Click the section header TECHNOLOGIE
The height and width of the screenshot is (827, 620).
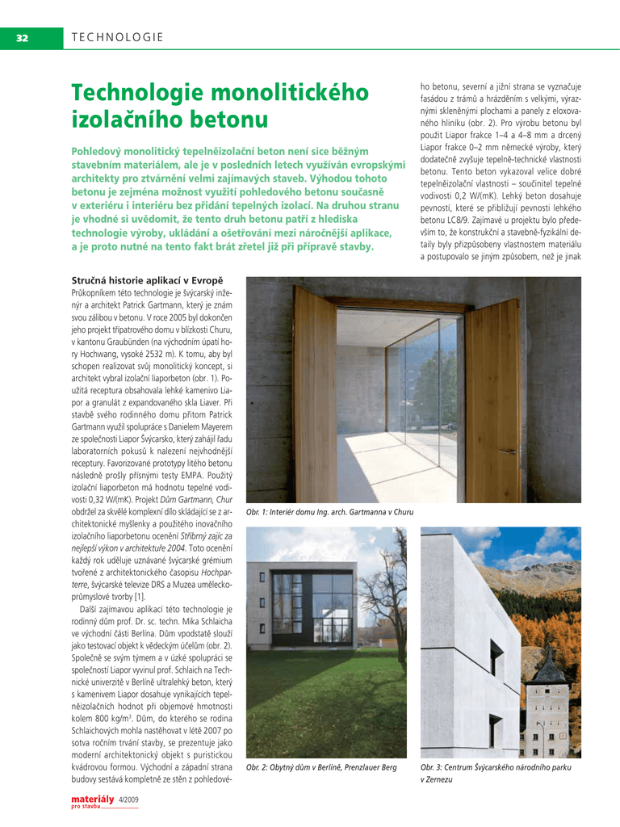pyautogui.click(x=118, y=37)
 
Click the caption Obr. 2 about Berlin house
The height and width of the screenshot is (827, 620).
pyautogui.click(x=321, y=766)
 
